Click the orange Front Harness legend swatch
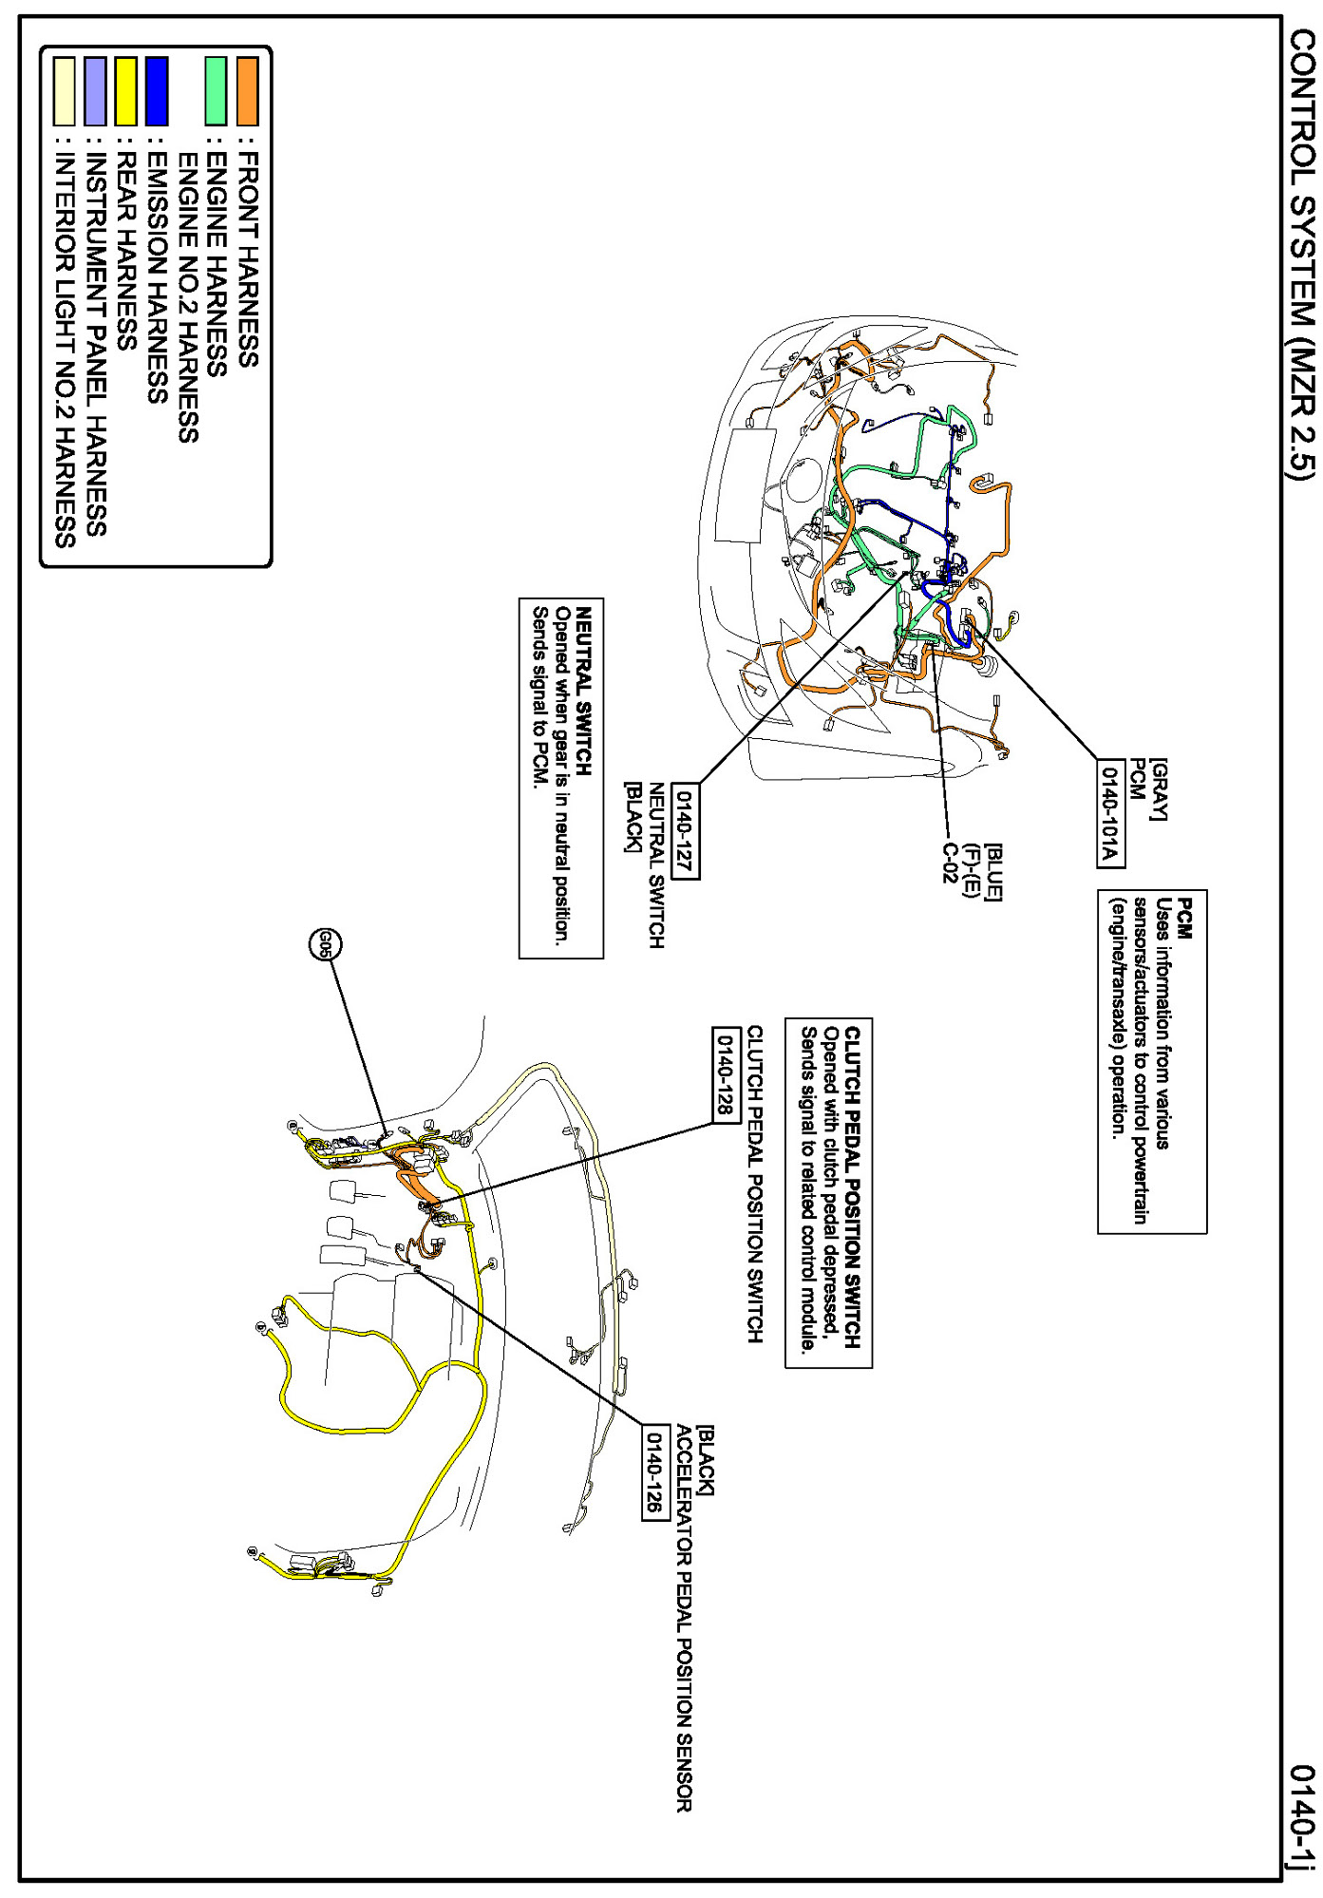[x=247, y=91]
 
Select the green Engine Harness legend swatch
[x=217, y=91]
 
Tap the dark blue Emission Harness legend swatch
[x=157, y=91]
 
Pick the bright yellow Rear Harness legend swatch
[x=126, y=91]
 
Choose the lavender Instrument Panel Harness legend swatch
[x=95, y=91]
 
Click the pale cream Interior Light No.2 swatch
[x=65, y=91]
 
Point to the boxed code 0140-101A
[x=1110, y=813]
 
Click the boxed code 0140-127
[x=685, y=831]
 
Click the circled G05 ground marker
[x=325, y=943]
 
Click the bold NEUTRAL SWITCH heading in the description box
[x=584, y=691]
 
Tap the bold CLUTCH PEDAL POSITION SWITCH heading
[x=852, y=1186]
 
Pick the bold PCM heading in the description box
[x=1184, y=918]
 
